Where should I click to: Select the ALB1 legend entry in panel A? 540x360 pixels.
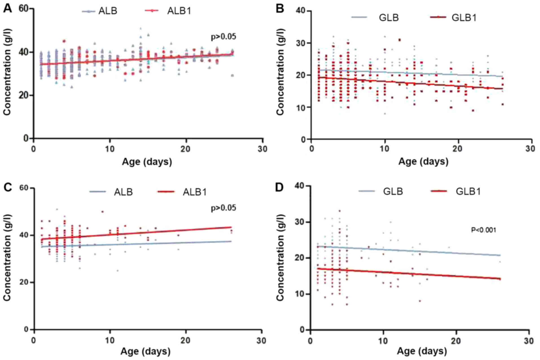(179, 11)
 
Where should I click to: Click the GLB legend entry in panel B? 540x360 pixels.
(388, 17)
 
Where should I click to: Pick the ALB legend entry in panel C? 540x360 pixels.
(123, 192)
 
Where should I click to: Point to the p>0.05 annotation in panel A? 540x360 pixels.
(223, 37)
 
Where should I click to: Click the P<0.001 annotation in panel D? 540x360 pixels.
(483, 230)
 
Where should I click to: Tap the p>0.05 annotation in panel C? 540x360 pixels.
(223, 208)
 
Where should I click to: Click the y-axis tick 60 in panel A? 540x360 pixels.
(24, 9)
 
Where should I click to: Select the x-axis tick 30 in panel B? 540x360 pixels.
(531, 148)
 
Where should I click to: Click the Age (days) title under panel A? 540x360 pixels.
(147, 162)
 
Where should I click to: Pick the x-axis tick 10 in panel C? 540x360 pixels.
(110, 341)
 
